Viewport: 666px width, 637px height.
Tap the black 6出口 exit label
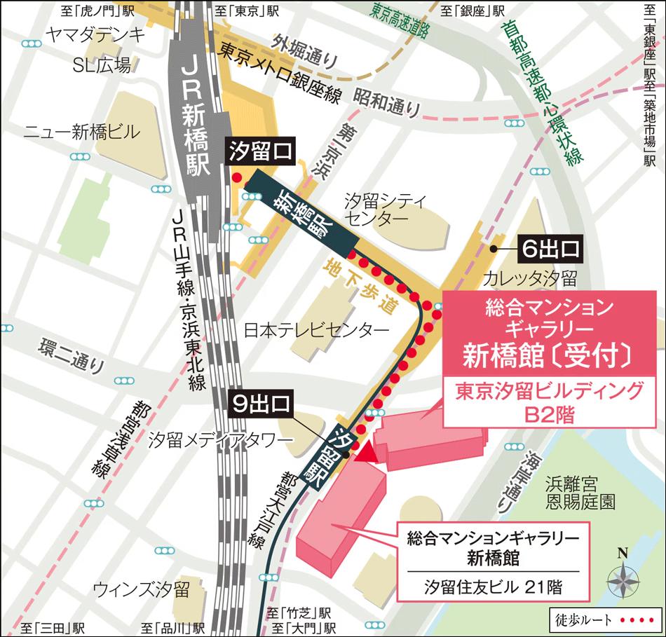[x=551, y=248]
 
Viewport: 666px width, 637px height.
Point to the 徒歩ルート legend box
[x=604, y=620]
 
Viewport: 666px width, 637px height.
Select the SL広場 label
[x=102, y=65]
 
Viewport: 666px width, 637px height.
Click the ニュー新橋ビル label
[x=82, y=131]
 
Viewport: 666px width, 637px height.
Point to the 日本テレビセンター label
[x=316, y=330]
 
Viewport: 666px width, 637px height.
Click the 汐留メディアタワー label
[x=219, y=439]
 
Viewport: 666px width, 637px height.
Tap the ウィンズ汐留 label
[x=142, y=587]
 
